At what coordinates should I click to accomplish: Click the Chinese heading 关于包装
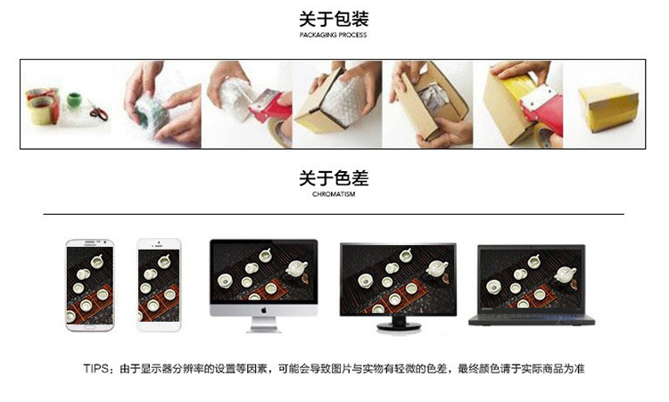pos(334,19)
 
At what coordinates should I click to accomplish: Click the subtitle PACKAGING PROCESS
pos(334,36)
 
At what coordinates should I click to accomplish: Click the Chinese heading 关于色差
pos(334,178)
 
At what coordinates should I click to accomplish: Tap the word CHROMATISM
pos(334,194)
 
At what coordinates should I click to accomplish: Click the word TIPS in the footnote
pos(95,368)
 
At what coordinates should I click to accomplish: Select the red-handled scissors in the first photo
pos(96,113)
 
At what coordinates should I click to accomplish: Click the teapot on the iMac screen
pos(292,265)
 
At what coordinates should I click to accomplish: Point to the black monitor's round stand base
pos(397,326)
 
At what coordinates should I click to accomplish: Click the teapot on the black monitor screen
pos(435,268)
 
